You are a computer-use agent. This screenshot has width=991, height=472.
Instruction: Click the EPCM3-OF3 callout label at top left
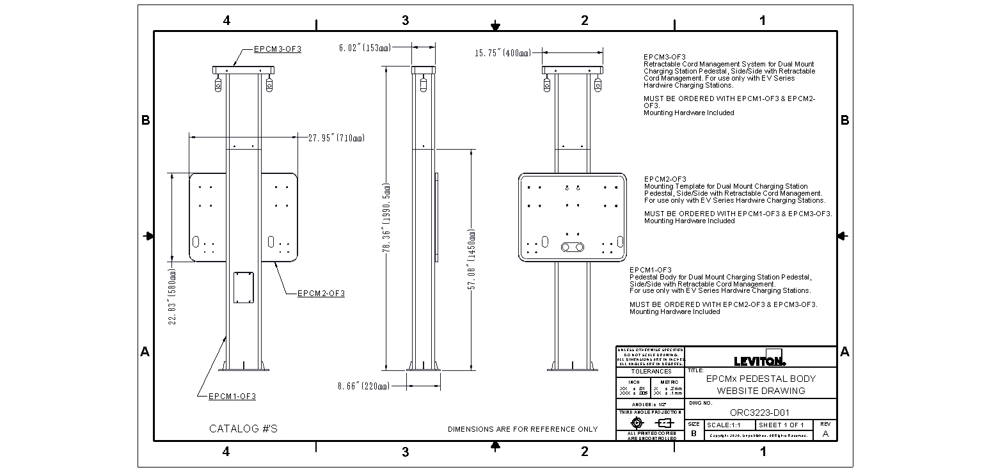[x=277, y=49]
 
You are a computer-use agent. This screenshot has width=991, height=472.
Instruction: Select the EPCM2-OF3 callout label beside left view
[x=321, y=294]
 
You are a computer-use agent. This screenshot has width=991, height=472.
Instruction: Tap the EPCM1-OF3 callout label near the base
[x=232, y=397]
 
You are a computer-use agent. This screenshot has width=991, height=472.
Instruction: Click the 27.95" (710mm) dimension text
[x=336, y=138]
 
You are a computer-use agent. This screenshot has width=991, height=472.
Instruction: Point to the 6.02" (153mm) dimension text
[x=365, y=47]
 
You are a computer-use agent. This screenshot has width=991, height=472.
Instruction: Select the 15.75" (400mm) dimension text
[x=502, y=53]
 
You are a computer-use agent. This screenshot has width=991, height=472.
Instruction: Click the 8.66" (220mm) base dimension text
[x=363, y=386]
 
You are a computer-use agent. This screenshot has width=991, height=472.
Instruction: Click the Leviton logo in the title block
[x=760, y=361]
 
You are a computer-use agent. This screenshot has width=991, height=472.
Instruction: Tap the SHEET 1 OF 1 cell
[x=781, y=425]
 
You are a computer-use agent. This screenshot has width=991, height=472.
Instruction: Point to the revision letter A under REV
[x=825, y=433]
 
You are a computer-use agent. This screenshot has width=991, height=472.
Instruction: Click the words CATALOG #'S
[x=243, y=429]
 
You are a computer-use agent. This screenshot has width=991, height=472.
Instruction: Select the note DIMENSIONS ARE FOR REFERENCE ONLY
[x=523, y=429]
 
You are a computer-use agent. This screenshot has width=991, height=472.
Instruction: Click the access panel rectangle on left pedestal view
[x=243, y=287]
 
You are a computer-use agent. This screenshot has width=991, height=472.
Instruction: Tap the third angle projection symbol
[x=650, y=423]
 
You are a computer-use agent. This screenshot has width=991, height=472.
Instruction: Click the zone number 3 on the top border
[x=405, y=20]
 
